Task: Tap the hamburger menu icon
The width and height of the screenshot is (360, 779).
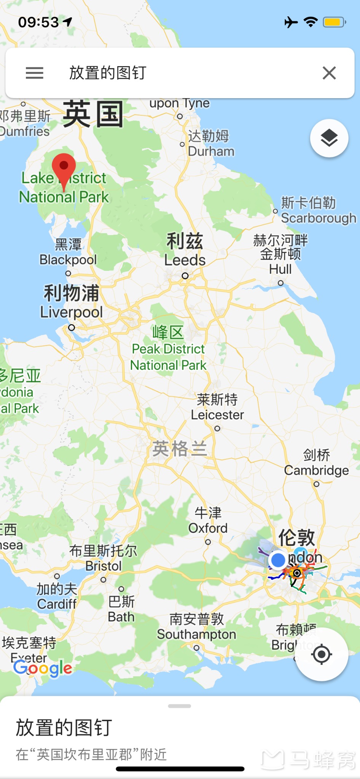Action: click(34, 73)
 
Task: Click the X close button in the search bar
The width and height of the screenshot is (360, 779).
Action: click(329, 73)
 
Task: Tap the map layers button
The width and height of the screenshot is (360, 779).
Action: click(329, 138)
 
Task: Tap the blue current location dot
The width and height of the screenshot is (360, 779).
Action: click(278, 560)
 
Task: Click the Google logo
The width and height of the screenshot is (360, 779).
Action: click(43, 668)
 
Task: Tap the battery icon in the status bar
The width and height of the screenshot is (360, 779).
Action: click(334, 22)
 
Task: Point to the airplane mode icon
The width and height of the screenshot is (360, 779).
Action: click(291, 22)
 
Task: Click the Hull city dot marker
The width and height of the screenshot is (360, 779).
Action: click(280, 283)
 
